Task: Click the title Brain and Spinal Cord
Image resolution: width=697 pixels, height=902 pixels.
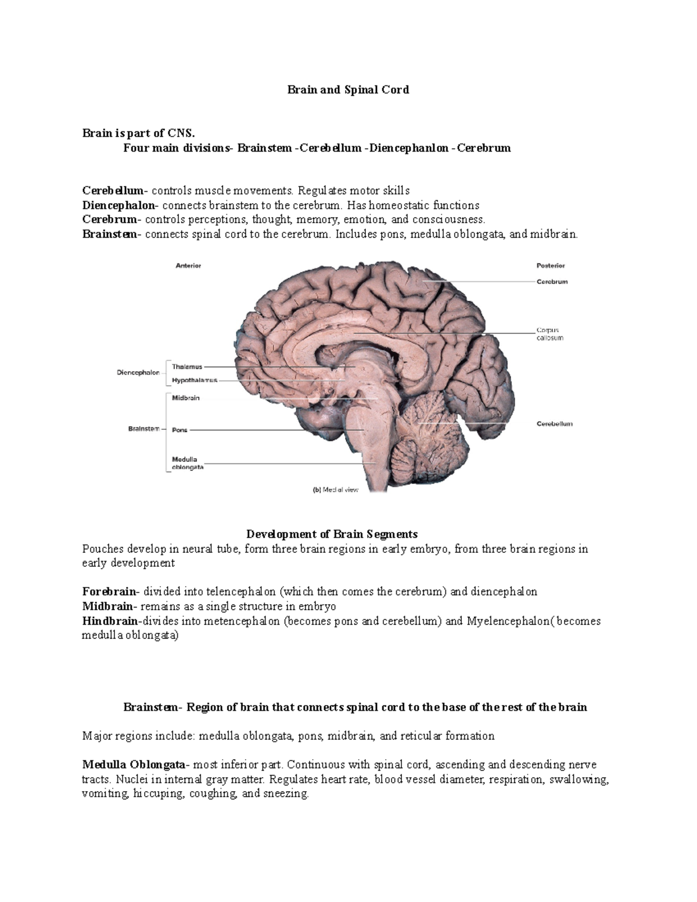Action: coord(348,89)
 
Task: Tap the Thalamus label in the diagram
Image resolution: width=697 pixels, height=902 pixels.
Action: coord(187,366)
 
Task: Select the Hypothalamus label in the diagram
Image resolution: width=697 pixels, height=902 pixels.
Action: coord(195,380)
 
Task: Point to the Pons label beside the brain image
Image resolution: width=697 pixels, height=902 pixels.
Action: coord(179,430)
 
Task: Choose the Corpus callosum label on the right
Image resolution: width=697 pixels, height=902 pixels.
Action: coord(549,334)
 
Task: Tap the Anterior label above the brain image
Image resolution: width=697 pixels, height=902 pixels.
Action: coord(188,265)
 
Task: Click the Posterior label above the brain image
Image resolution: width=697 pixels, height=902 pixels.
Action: coord(550,265)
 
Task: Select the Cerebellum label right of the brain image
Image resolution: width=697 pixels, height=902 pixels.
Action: coord(554,424)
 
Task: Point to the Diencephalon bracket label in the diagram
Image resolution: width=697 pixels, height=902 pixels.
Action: coord(138,373)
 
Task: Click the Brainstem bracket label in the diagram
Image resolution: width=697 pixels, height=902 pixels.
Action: coord(143,429)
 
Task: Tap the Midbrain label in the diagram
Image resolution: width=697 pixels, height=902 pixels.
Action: coord(185,398)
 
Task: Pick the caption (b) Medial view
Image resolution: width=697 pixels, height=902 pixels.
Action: coord(336,490)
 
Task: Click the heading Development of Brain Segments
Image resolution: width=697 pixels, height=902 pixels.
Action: coord(332,534)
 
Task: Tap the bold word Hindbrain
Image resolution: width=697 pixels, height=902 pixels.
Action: coord(110,621)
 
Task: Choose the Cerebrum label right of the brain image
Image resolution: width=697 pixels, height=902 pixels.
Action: coord(552,282)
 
